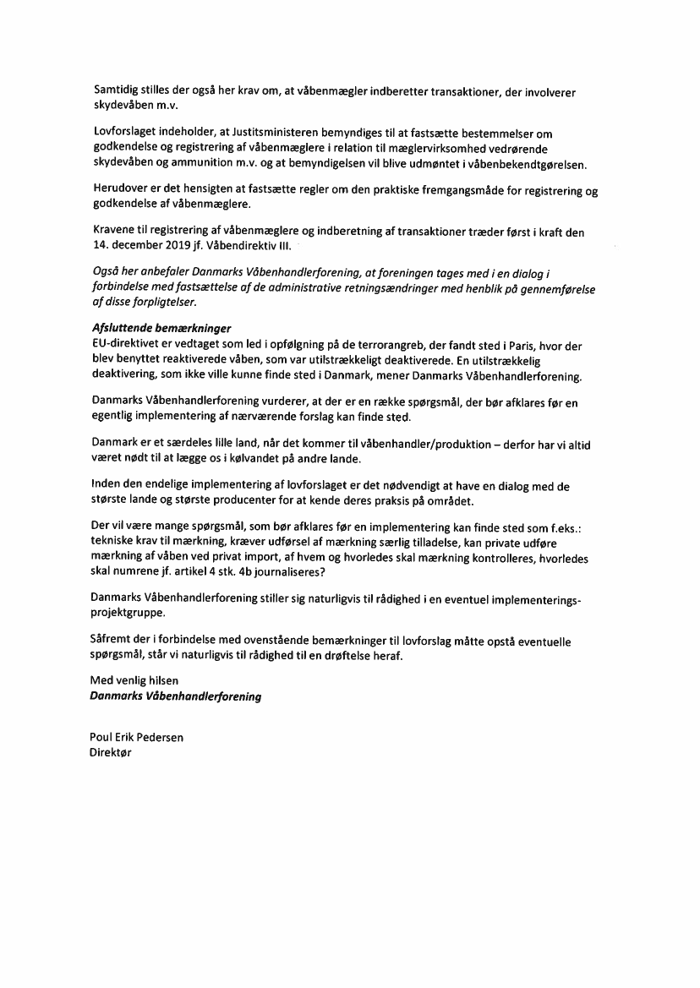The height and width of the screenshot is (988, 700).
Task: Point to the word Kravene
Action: [x=113, y=232]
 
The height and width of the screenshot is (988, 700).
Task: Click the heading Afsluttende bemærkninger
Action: [x=161, y=327]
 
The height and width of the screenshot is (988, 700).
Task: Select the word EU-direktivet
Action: [x=123, y=346]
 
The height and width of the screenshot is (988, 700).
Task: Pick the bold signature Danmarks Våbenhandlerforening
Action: [x=175, y=696]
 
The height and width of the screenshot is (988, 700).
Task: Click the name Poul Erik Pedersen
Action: [x=136, y=737]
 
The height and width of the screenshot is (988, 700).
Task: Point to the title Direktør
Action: [x=112, y=751]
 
